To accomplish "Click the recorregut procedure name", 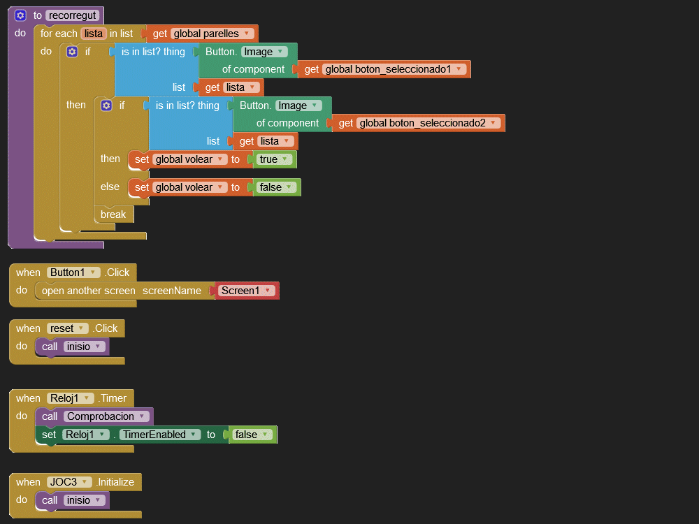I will (x=73, y=15).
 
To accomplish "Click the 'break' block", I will (x=113, y=214).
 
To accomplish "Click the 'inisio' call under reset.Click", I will (x=84, y=347).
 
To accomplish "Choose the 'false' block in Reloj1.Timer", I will (x=252, y=435).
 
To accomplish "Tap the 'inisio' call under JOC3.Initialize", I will (x=84, y=500).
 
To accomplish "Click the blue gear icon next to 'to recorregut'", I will (x=20, y=15).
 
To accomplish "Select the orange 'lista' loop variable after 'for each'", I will (x=93, y=34).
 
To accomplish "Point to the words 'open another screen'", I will (x=89, y=291).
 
